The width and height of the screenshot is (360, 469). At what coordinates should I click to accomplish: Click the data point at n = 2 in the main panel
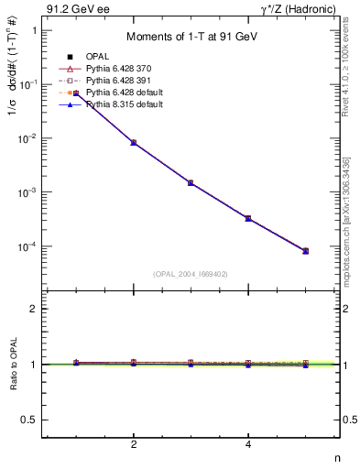134,143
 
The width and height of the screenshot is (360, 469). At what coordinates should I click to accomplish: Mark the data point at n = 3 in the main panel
191,183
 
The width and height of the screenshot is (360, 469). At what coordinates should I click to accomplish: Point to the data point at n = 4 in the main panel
248,218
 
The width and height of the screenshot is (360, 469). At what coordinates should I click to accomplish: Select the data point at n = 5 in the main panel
306,251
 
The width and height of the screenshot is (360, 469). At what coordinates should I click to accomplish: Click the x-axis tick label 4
248,445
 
